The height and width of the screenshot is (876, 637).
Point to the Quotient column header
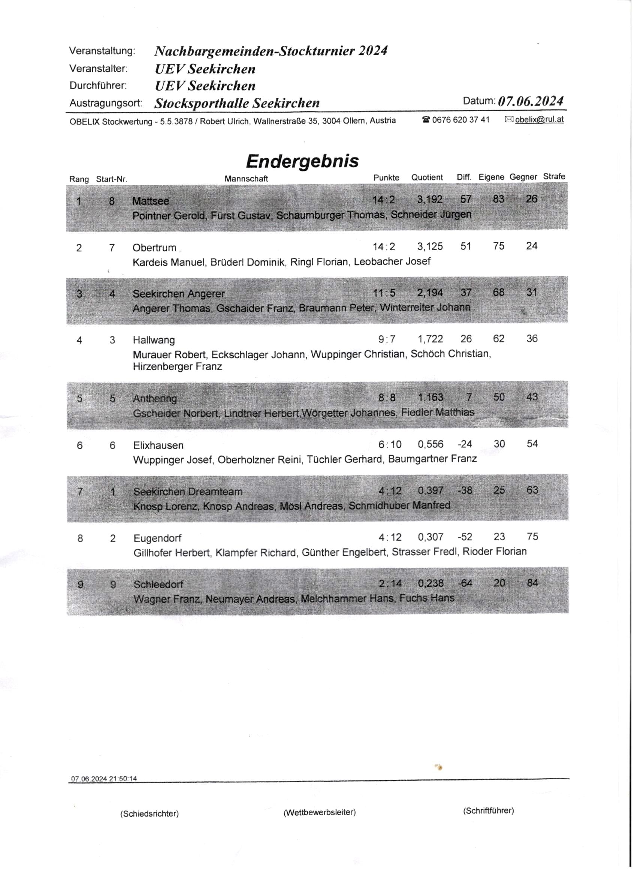coord(427,177)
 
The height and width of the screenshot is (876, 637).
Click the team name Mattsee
coord(150,201)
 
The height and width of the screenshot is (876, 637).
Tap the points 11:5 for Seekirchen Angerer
coord(384,293)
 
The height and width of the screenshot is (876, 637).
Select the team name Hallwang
coord(154,340)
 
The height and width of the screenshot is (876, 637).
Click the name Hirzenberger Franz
coord(177,366)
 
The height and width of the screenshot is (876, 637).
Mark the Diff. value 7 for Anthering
coord(469,397)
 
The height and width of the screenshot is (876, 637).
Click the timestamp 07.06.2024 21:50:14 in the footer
coord(104,779)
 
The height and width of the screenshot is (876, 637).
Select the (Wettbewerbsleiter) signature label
coord(320,813)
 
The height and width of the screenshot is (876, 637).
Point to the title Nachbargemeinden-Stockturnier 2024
coord(271,51)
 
